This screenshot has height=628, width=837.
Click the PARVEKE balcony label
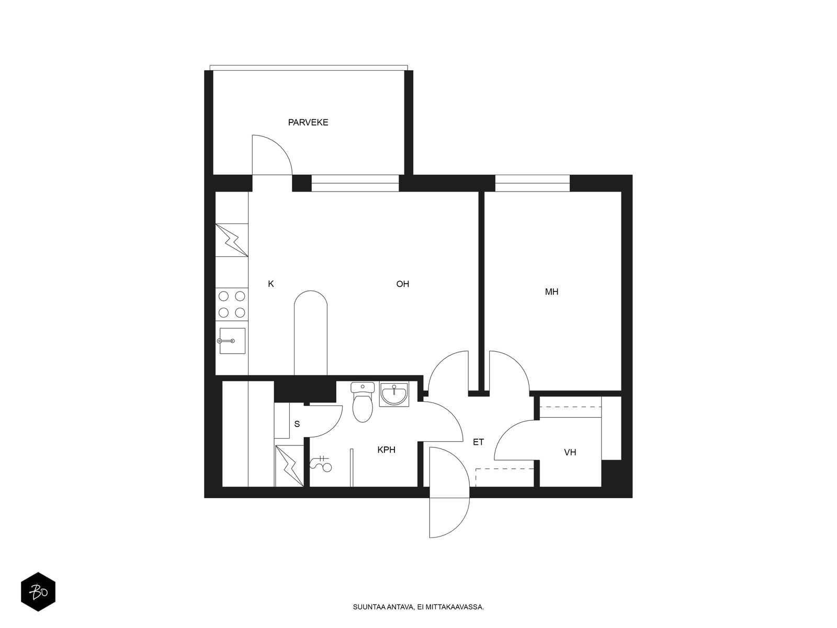308,122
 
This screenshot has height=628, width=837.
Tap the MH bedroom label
551,291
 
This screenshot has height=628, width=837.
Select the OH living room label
403,284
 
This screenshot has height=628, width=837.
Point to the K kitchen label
271,284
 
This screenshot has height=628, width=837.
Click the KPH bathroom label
386,450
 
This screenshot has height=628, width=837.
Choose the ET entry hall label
478,442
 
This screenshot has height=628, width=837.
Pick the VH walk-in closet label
570,453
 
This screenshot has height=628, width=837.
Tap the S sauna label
297,424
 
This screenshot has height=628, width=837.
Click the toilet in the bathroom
362,402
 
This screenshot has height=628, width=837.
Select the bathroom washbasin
394,394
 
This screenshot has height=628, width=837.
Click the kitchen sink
231,341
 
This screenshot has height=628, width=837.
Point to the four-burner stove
231,304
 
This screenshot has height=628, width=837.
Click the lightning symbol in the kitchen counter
232,240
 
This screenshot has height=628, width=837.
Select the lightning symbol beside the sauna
289,466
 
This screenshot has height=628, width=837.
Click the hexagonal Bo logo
38,592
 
